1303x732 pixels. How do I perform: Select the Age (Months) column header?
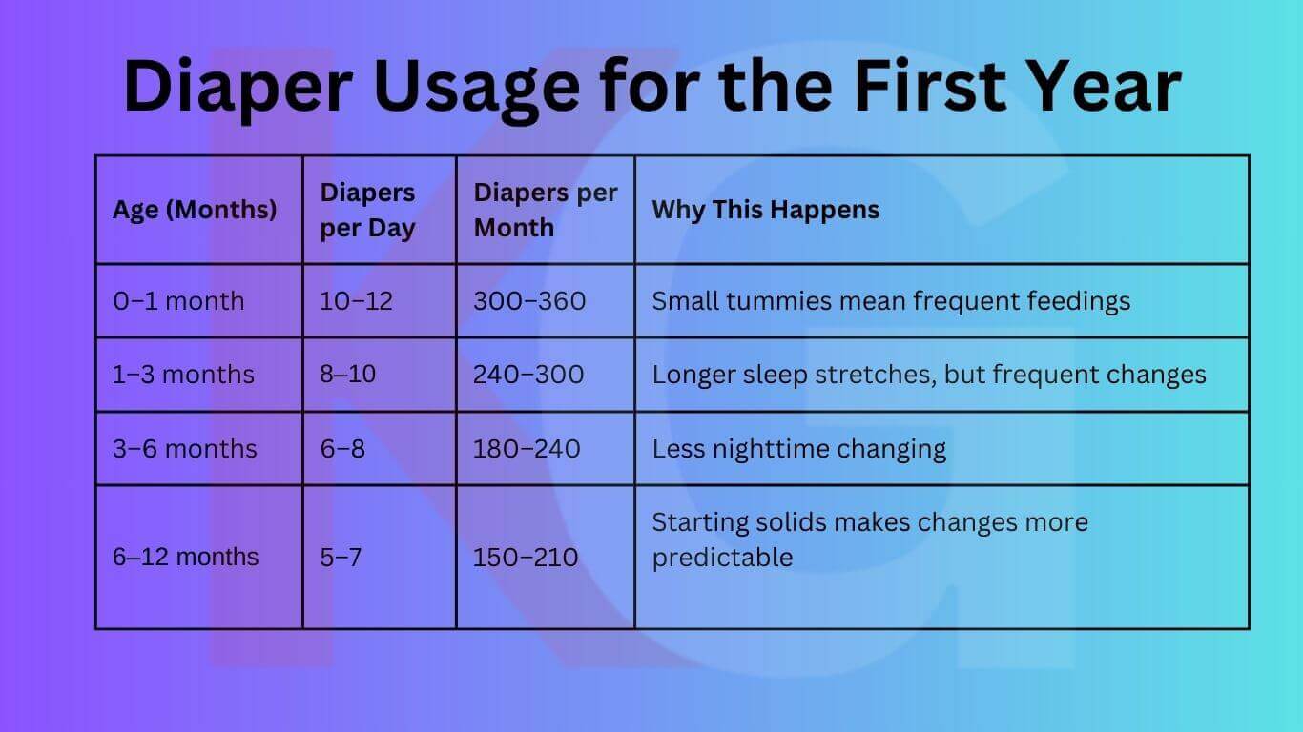click(x=195, y=210)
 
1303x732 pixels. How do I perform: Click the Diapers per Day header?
click(x=367, y=211)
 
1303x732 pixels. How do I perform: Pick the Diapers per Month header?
click(x=545, y=210)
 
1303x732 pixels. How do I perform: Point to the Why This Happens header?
click(x=765, y=210)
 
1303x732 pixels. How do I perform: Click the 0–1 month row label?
click(x=178, y=301)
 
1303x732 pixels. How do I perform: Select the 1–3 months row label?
click(x=183, y=375)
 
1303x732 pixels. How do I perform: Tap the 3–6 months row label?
click(x=184, y=448)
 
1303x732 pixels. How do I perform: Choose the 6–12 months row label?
click(x=185, y=557)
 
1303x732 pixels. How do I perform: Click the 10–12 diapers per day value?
click(x=356, y=301)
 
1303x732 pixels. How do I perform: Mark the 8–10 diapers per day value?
click(x=348, y=375)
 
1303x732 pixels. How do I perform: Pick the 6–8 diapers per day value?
click(x=342, y=448)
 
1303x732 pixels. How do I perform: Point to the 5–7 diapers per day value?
click(x=341, y=557)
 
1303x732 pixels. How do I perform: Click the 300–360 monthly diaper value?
click(x=529, y=301)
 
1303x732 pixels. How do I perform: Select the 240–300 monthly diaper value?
click(x=528, y=375)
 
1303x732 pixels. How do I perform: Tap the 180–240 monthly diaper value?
click(x=527, y=448)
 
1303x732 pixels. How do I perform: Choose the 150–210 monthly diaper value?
click(x=526, y=557)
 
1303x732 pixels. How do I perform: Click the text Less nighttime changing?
click(x=798, y=448)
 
